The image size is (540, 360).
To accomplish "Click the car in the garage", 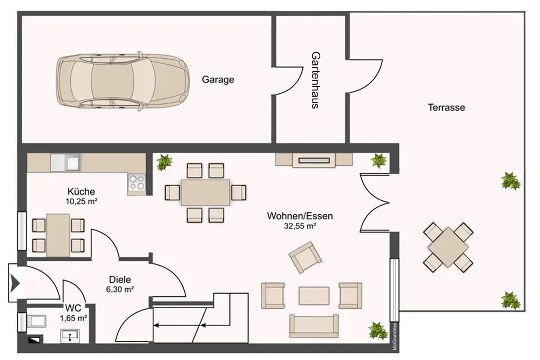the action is [123, 81].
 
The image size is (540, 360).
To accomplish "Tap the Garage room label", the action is [218, 79].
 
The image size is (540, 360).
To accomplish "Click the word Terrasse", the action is [447, 107].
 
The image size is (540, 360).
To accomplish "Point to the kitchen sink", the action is [66, 162].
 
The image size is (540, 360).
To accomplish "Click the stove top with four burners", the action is [137, 182].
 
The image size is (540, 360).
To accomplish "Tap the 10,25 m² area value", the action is [82, 201].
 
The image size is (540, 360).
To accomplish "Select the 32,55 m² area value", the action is [300, 226].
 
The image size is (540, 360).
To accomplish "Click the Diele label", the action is [120, 280].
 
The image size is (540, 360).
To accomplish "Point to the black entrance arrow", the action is [15, 283].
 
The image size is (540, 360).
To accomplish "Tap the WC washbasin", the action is [70, 336].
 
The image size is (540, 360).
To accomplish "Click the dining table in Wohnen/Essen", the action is [206, 192].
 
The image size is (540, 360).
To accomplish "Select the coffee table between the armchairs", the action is [314, 296].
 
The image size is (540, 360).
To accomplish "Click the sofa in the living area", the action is [314, 325].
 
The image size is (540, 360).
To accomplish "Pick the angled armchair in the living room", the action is [305, 257].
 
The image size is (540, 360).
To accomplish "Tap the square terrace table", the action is [448, 247].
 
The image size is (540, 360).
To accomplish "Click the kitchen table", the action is [58, 235].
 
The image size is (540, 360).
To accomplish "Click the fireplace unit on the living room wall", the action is [314, 160].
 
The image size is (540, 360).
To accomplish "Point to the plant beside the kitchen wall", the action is [164, 162].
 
